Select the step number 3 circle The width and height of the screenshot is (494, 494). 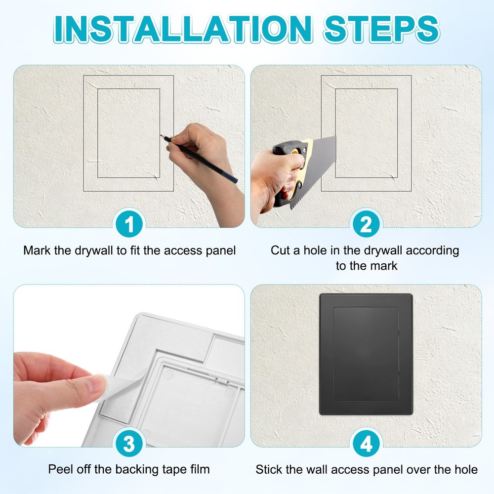129,444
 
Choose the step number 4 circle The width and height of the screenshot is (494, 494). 366,444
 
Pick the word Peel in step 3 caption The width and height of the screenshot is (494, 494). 60,469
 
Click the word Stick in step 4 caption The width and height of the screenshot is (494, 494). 268,469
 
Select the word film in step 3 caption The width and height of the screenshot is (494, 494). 200,469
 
